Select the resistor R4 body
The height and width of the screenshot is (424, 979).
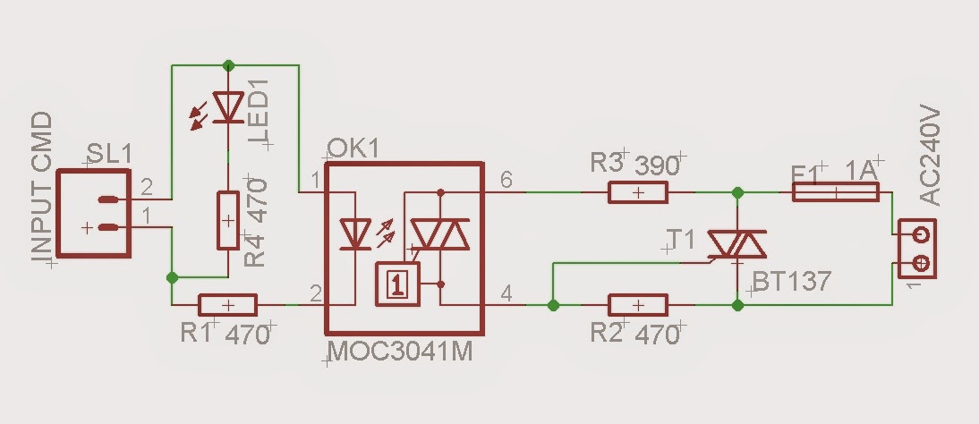(x=227, y=220)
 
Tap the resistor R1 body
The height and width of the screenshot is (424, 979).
(x=227, y=305)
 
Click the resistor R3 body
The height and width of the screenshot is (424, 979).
(x=638, y=192)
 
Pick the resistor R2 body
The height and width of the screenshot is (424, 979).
(x=638, y=305)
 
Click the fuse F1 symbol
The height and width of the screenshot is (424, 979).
(x=835, y=192)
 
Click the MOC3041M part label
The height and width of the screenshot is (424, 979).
(x=400, y=352)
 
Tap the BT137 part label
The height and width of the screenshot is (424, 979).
(x=791, y=281)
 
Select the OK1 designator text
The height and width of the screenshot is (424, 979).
(x=353, y=148)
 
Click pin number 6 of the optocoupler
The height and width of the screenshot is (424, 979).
(x=507, y=181)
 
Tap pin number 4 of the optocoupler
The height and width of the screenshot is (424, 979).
(x=507, y=293)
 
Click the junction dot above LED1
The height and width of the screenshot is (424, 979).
(x=228, y=64)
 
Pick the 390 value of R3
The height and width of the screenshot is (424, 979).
(x=658, y=165)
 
